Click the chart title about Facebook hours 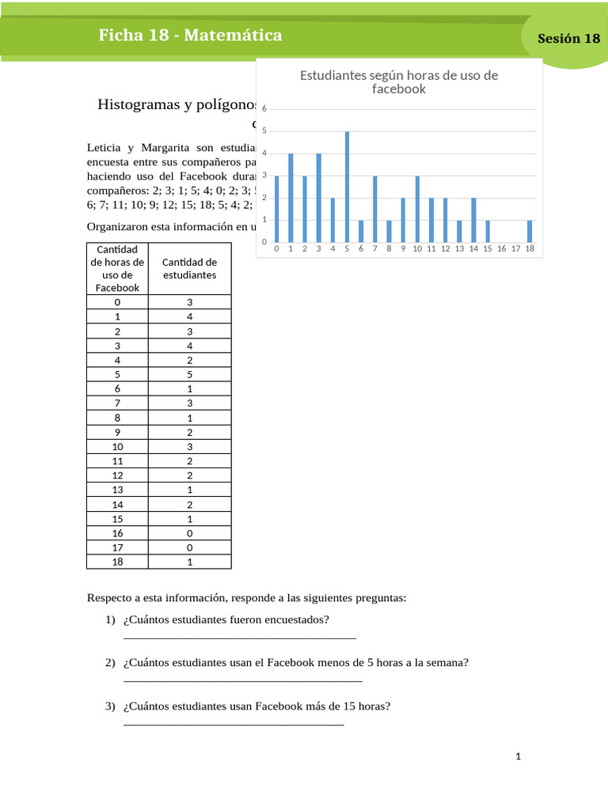[399, 82]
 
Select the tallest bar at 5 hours [347, 187]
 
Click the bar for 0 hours [276, 210]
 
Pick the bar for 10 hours [417, 210]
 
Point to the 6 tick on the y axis [264, 109]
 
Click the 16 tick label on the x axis [501, 249]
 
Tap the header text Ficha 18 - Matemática [190, 36]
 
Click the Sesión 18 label [568, 39]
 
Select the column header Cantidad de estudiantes [189, 268]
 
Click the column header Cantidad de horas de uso [117, 268]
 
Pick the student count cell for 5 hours [189, 373]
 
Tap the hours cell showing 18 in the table [117, 562]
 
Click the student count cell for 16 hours [189, 533]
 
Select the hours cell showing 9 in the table [117, 431]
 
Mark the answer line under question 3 [234, 724]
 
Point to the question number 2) [111, 663]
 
